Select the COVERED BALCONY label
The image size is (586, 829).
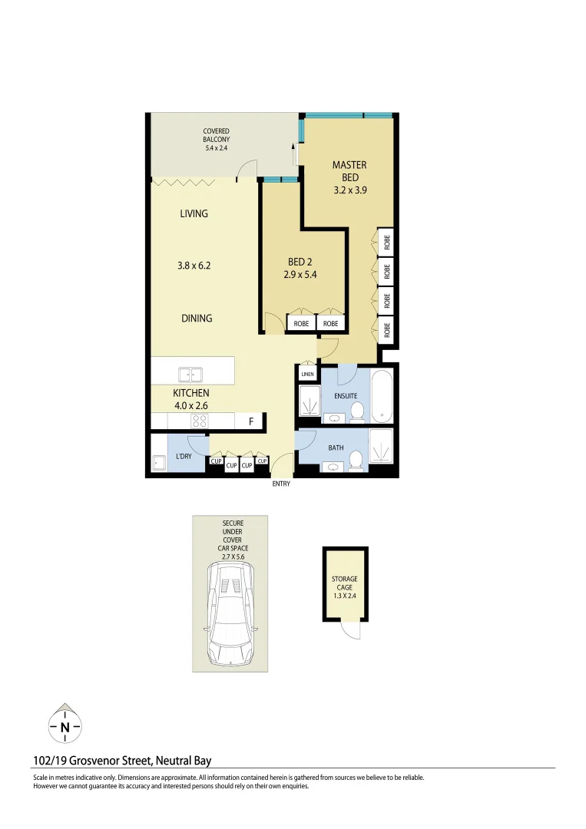216,135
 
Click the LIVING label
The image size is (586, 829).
194,213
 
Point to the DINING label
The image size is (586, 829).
197,318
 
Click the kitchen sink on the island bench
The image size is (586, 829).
190,375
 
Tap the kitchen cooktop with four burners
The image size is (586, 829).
200,421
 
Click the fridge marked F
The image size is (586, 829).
250,421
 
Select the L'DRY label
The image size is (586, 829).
184,457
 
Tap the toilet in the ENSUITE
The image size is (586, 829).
356,412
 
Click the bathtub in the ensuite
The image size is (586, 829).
382,395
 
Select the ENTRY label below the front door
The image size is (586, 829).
281,484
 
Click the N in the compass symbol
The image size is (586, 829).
65,727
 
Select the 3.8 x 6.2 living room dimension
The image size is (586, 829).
194,266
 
